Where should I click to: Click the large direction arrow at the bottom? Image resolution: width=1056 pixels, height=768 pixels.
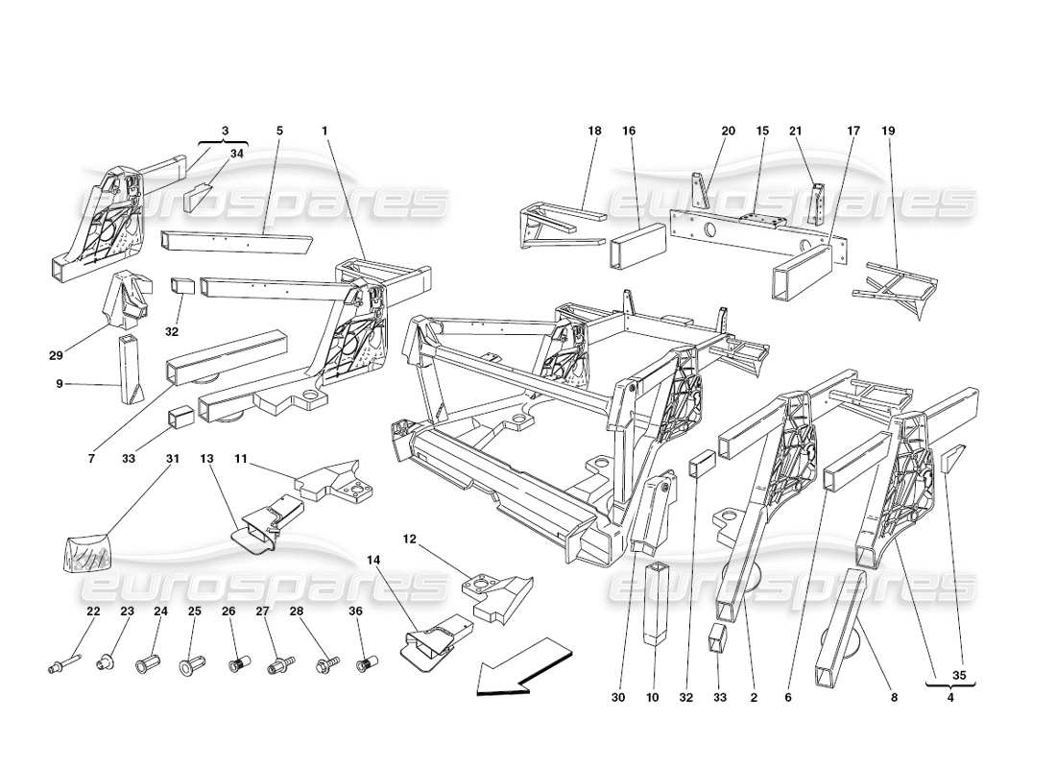pos(518,666)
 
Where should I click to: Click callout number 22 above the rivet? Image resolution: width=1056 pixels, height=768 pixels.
pos(93,611)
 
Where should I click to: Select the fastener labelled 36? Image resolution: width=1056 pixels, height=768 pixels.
pos(365,663)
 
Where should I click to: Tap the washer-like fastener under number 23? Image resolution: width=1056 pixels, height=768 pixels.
pos(107,662)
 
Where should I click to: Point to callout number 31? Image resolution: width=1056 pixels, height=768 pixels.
pos(174,459)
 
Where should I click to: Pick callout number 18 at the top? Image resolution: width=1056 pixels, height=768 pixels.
pos(594,131)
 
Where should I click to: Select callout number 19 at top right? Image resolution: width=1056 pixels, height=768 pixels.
pos(888,131)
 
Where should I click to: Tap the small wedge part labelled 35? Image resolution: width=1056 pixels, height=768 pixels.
pos(951,460)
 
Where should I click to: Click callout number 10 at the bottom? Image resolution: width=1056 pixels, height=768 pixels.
pos(653,698)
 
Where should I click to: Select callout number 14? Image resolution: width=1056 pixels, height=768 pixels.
pos(372,557)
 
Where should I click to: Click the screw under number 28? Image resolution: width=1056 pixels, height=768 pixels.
pos(326,662)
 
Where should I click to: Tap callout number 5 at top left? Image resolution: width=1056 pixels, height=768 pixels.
pos(279,131)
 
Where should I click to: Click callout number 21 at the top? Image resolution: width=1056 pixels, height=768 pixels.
pos(795,131)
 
